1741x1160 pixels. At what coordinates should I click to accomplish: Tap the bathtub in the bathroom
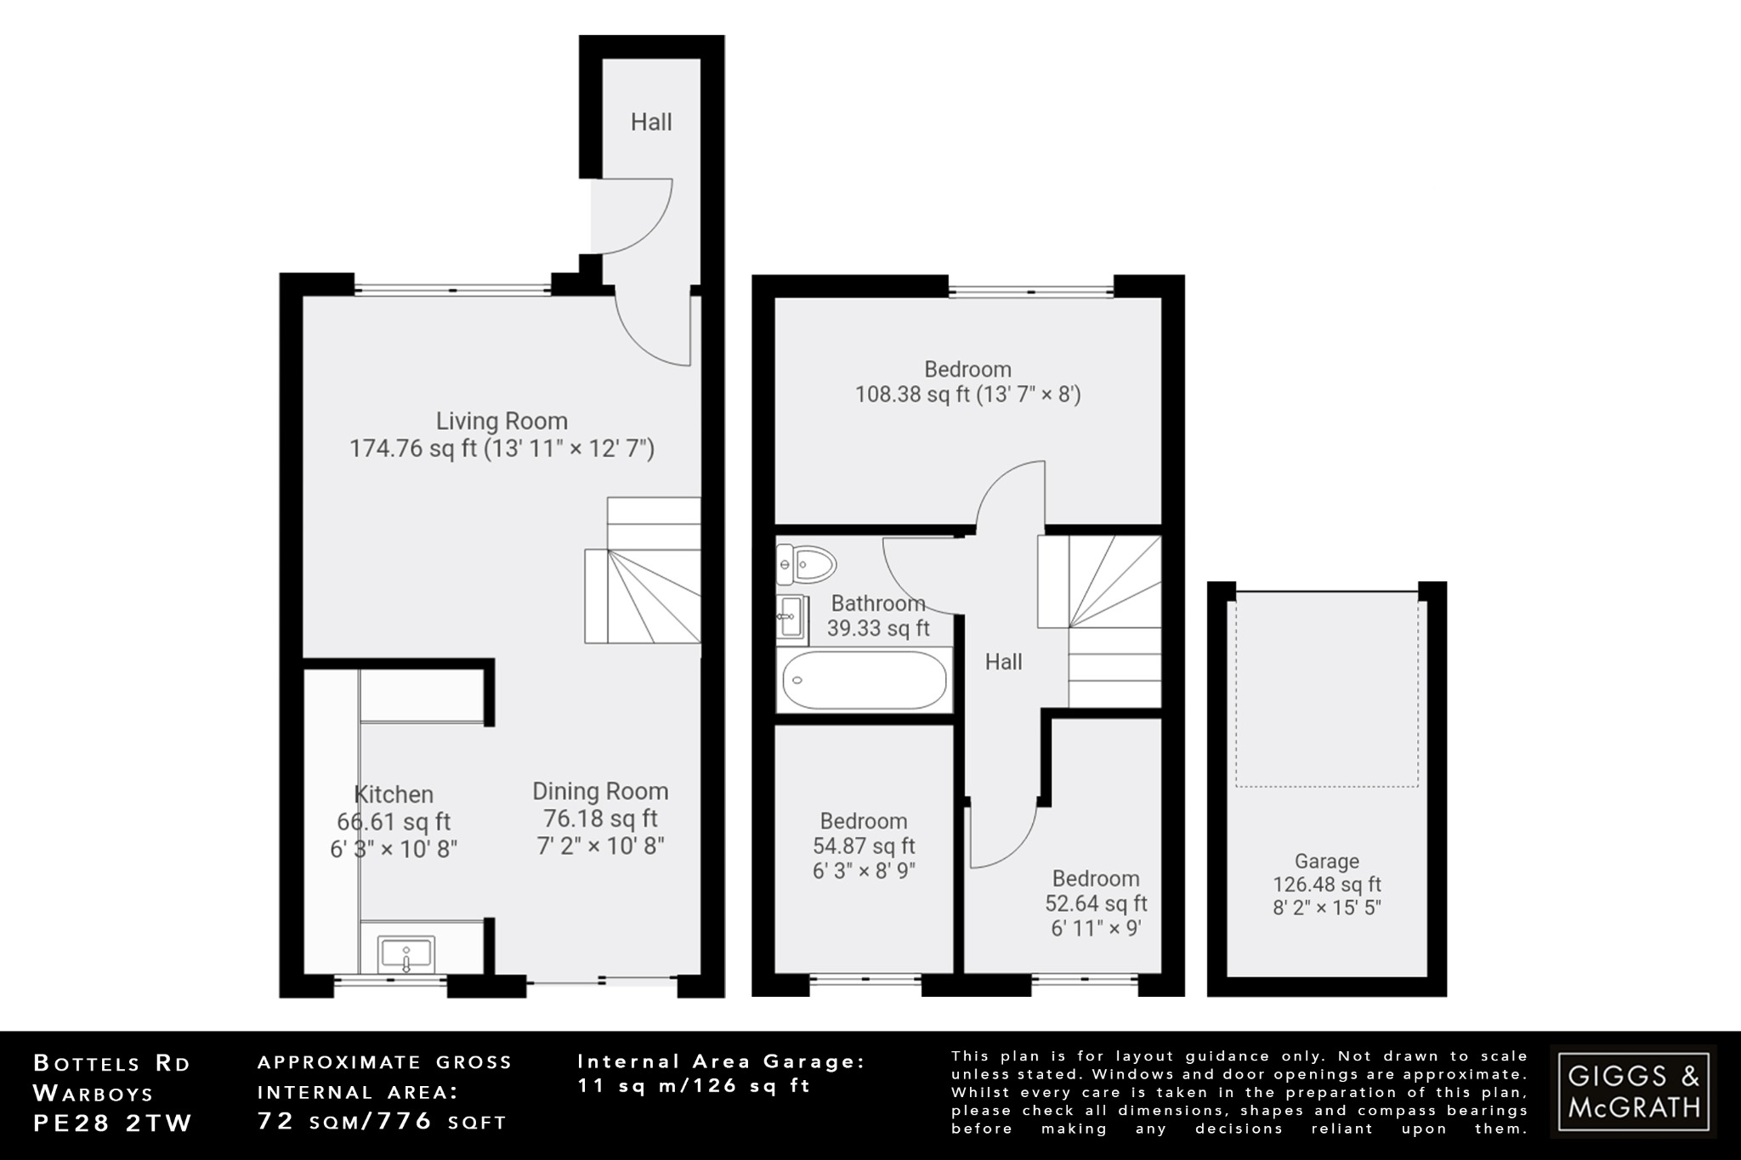tap(864, 680)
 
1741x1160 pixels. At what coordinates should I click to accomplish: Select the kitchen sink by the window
tap(406, 954)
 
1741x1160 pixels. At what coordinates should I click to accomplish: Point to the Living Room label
tap(502, 421)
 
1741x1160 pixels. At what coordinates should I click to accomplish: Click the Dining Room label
tap(600, 791)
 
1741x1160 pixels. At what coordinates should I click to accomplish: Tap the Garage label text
tap(1326, 861)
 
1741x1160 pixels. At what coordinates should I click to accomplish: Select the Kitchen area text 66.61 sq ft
tap(394, 822)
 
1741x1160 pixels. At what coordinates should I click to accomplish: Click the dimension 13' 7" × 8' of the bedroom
tap(1029, 394)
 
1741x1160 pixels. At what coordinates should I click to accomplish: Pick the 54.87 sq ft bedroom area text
tap(864, 846)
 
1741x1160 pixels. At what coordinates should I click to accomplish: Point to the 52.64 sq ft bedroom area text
tap(1096, 903)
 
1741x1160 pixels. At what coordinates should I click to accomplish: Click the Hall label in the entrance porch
tap(651, 122)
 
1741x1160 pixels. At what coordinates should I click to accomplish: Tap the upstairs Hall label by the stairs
tap(1003, 662)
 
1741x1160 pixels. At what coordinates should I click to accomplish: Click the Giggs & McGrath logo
tap(1633, 1091)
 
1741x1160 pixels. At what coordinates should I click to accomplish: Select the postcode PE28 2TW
tap(113, 1123)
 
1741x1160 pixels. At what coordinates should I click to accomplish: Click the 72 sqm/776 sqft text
tap(382, 1122)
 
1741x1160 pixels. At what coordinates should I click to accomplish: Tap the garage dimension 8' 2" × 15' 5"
tap(1326, 908)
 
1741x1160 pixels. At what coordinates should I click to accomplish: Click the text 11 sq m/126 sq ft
tap(694, 1085)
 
